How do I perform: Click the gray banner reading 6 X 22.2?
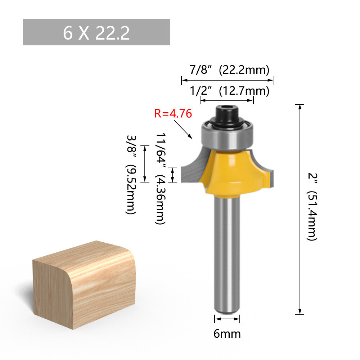96,32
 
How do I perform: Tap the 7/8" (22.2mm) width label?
229,69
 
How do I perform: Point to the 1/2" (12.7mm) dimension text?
229,91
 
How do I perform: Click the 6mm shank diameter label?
227,334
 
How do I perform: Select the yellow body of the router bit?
230,173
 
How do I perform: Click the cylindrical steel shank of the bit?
227,252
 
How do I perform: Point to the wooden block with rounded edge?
84,284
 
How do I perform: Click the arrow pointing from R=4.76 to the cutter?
184,130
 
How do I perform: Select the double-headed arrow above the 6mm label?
227,319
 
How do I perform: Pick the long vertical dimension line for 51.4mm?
300,209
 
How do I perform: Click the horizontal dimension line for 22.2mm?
228,80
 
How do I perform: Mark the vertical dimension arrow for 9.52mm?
145,164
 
